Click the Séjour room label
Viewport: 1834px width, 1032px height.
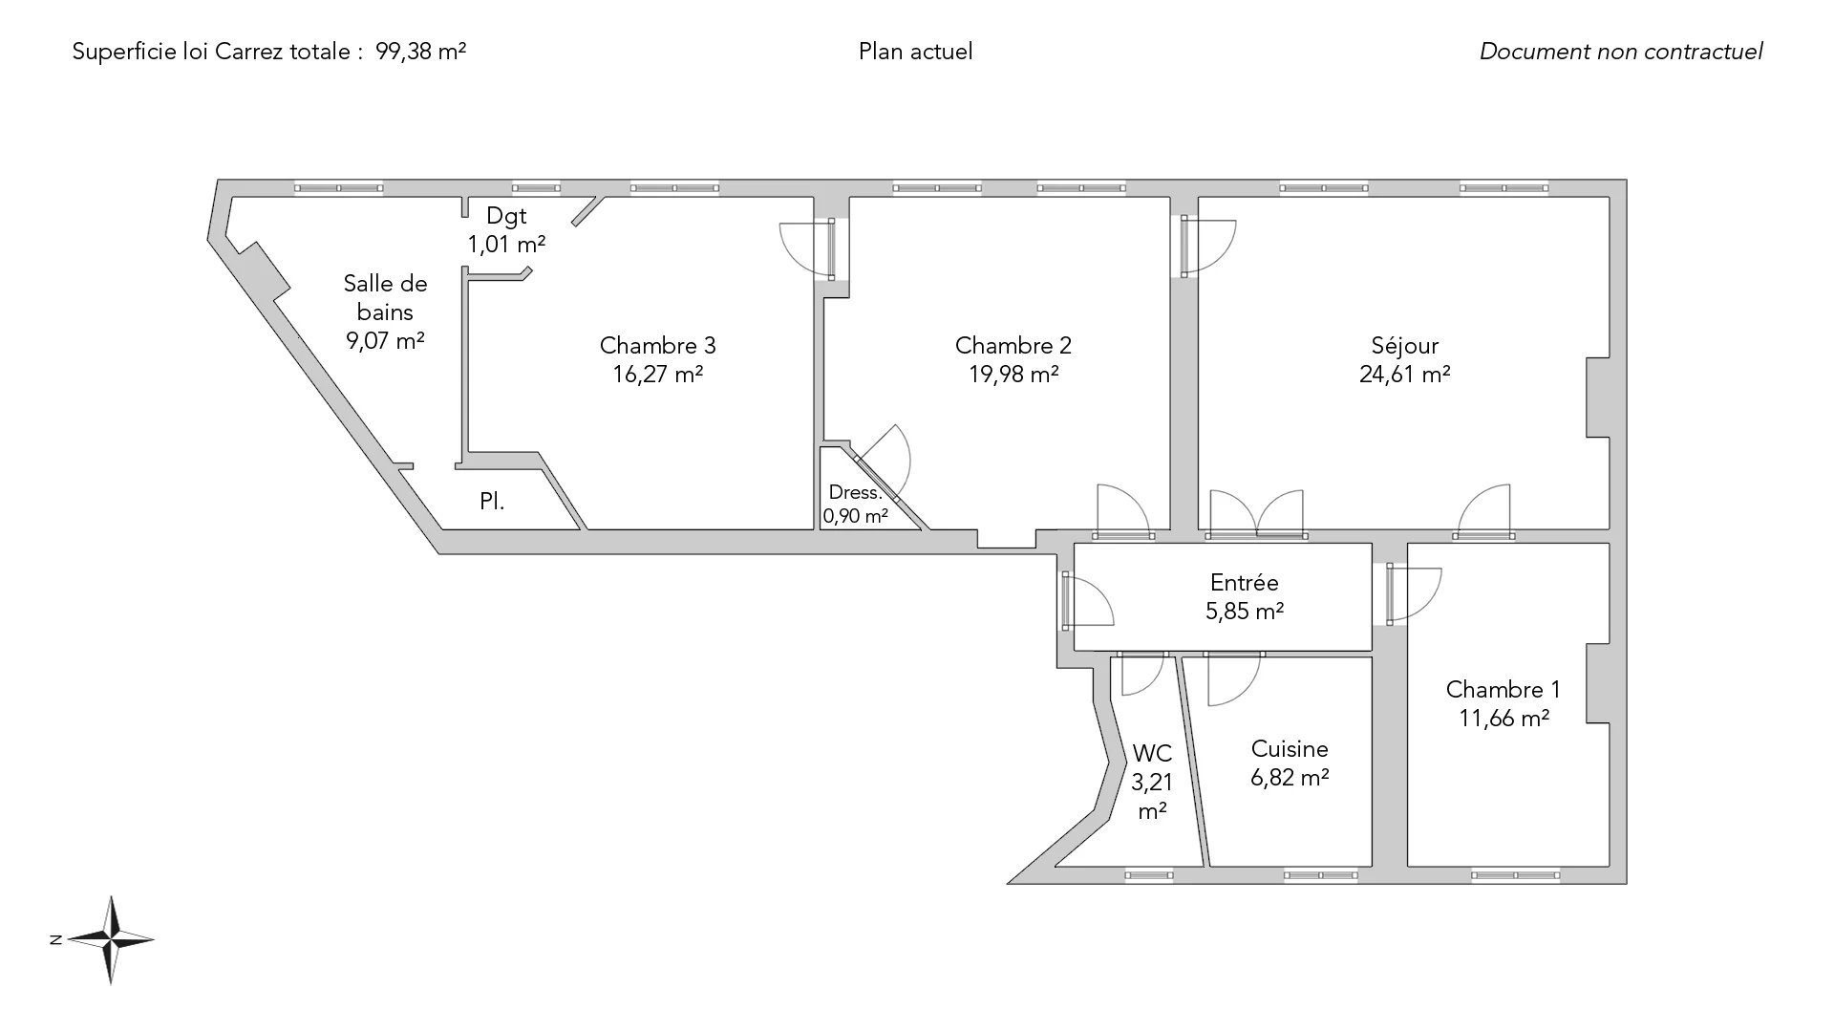tap(1404, 346)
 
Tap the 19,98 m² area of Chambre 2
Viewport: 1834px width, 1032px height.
tap(1013, 375)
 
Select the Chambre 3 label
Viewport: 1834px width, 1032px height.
tap(657, 346)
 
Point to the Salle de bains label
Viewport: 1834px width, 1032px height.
tap(385, 298)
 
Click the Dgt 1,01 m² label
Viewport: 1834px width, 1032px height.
tap(506, 230)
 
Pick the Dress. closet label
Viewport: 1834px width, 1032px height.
tap(855, 493)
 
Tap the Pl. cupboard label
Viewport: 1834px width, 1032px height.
tap(492, 502)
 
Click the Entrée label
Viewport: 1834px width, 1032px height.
tap(1244, 583)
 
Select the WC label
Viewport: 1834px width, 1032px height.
tap(1152, 754)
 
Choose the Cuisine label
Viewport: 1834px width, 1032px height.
tap(1290, 749)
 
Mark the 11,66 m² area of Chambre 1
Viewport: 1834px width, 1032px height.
tap(1503, 719)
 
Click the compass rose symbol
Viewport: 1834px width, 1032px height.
tap(113, 940)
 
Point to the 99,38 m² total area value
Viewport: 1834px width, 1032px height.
tap(421, 52)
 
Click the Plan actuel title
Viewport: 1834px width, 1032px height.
tap(915, 52)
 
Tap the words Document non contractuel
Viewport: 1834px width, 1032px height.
tap(1621, 52)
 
